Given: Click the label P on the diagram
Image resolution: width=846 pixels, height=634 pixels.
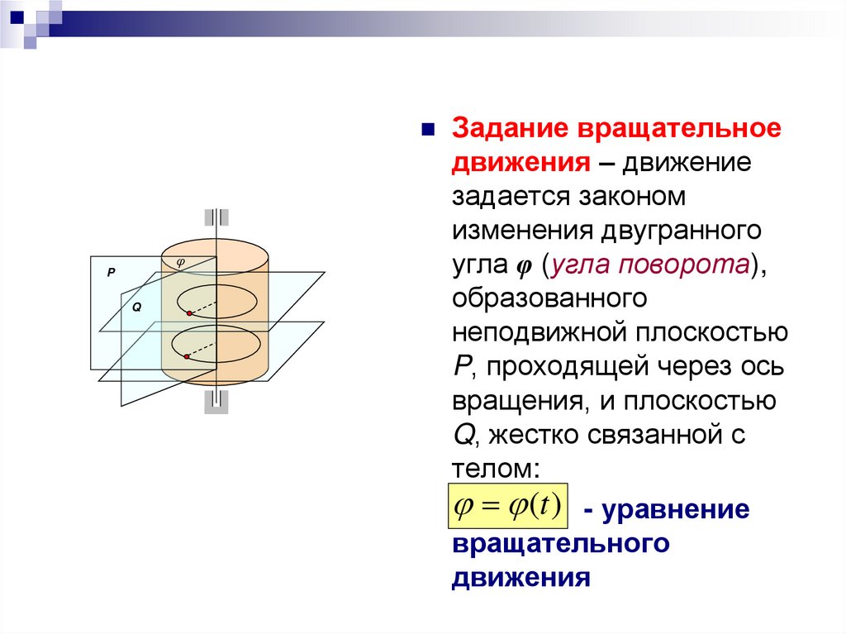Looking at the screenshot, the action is click(x=111, y=271).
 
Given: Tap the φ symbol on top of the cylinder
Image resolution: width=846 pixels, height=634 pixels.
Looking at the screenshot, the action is click(x=182, y=261).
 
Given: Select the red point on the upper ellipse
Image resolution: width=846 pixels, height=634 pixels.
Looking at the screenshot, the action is click(x=189, y=314).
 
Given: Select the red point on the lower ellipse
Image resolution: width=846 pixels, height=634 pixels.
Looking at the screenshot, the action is click(x=188, y=357).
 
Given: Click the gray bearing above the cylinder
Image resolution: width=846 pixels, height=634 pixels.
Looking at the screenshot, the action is click(x=215, y=218).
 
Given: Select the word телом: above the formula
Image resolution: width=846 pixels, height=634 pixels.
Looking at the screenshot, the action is click(x=496, y=468).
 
